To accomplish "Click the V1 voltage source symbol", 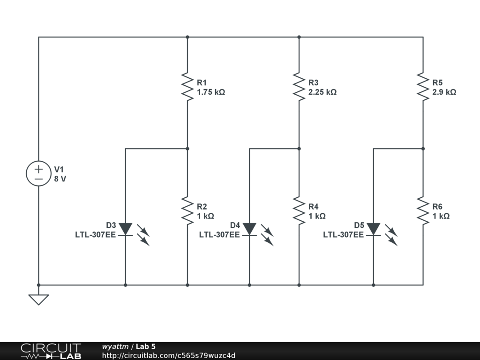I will point(38,173).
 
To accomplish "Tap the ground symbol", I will point(38,299).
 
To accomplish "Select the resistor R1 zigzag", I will point(187,86).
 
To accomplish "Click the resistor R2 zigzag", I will point(187,210).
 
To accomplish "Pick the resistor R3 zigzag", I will point(299,86).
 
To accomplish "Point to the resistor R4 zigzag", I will point(299,210).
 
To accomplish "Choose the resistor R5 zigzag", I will point(423,86).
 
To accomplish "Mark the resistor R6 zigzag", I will point(423,210).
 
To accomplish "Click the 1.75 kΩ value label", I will point(211,92).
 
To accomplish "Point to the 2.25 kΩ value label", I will point(322,92).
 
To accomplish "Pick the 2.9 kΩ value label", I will point(444,92).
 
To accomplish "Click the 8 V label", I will point(60,179).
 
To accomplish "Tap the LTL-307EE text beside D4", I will point(219,235).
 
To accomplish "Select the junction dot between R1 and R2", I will point(187,149).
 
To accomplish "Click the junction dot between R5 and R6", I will point(423,149).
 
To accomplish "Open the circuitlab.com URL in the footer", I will point(169,355).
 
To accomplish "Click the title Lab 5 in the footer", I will point(146,346).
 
